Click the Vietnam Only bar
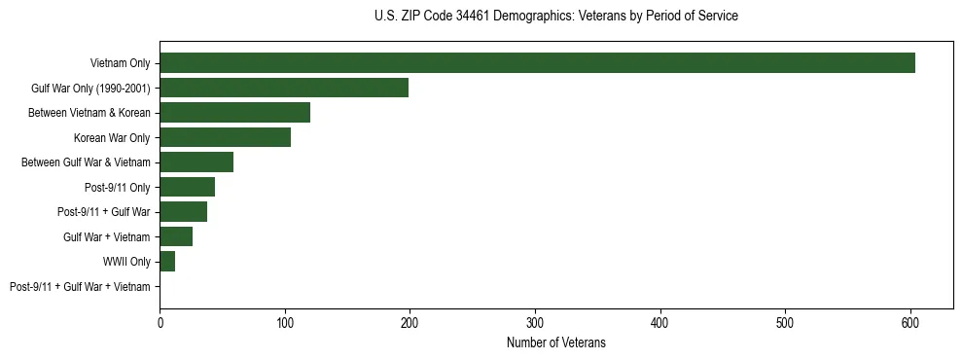pos(537,63)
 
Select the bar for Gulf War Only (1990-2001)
pos(284,88)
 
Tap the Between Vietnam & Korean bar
pos(234,113)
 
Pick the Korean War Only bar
pos(225,137)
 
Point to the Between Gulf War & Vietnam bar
pos(196,162)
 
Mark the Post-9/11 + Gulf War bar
pos(183,212)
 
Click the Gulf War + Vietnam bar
pos(176,236)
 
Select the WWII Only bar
pos(167,262)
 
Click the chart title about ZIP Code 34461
pos(555,17)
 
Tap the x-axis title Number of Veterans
pos(555,342)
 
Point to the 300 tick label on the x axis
pos(535,322)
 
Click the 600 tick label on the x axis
pos(910,322)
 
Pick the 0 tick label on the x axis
pos(160,322)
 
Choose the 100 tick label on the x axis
pos(285,322)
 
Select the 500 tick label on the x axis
pos(785,322)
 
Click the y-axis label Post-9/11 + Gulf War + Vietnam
pos(80,287)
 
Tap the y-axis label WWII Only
pos(126,262)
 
